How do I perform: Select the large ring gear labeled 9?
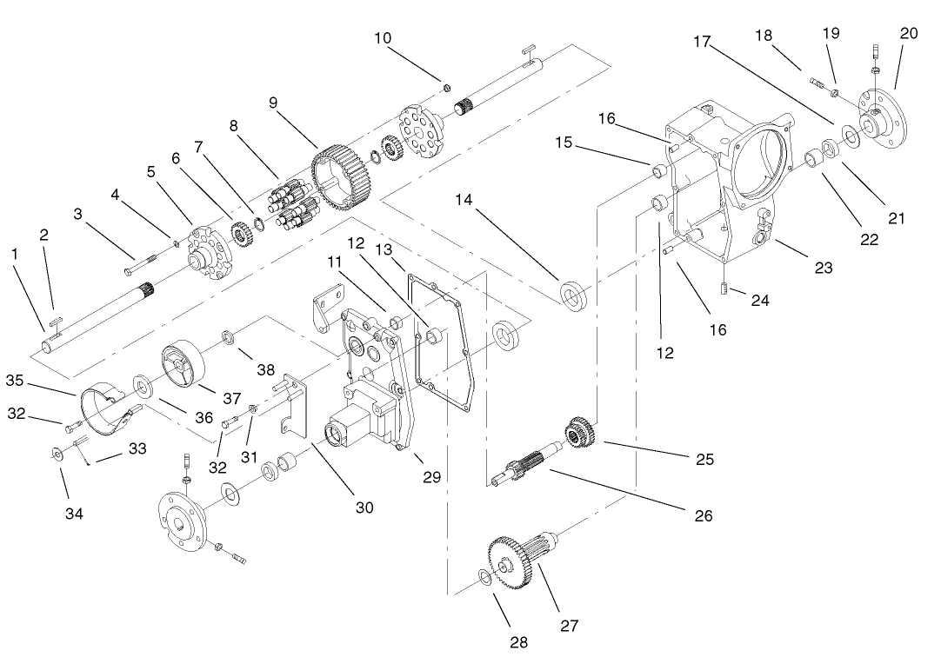point(341,178)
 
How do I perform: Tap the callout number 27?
point(569,624)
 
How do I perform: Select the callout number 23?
point(823,268)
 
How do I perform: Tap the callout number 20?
point(909,33)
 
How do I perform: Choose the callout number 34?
point(73,513)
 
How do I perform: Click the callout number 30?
point(364,507)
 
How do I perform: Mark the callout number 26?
point(703,515)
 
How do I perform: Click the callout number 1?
point(14,254)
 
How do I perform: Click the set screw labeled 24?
point(724,288)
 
